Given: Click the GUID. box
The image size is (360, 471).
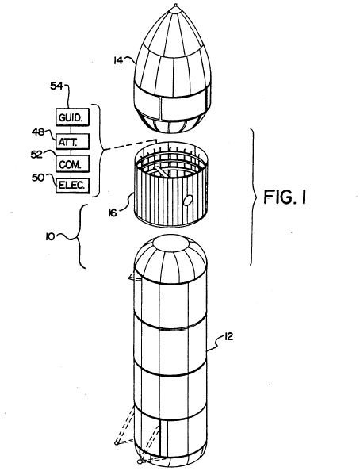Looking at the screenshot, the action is pos(72,117).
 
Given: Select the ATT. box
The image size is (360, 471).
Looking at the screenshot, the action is pos(72,141).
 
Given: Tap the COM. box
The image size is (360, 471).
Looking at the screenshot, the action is pos(72,163).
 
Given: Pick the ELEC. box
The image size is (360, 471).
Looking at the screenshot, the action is pos(72,185).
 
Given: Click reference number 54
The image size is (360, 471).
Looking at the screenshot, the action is pos(56,86).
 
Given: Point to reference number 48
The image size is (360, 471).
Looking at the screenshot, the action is pos(38,132).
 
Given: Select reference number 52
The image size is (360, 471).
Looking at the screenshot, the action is pos(36,154).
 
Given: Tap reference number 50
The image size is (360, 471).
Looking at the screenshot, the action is pos(38,178).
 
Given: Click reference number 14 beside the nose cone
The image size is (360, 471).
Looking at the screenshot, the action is pos(118,60).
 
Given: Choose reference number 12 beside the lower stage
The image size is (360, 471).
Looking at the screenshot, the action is pos(228,337).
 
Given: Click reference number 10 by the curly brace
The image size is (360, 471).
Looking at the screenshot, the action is pos(50,237).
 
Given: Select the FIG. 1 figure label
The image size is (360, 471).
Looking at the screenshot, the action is pos(285,197).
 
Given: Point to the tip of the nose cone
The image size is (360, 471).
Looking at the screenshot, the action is pos(176,5).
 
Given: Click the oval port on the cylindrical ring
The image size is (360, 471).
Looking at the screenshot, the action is pos(187,200).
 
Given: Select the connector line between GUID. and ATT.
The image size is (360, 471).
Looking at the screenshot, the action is pos(71,129).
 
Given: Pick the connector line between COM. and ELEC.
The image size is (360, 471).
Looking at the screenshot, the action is pos(71,174).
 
